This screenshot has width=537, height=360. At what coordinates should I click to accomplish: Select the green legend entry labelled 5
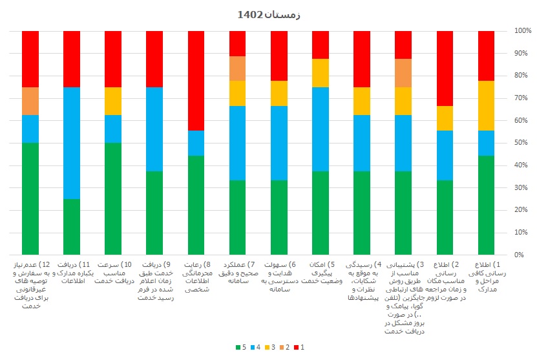coord(240,348)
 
